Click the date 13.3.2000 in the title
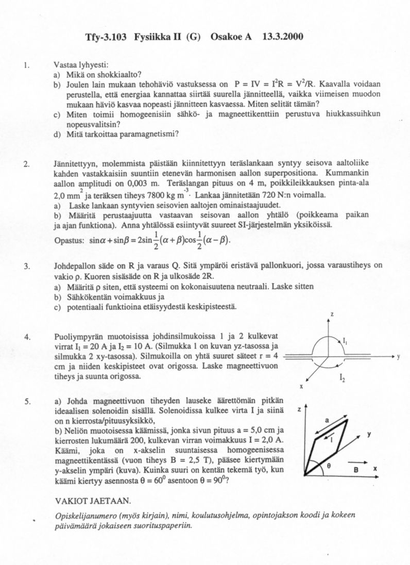click(282, 37)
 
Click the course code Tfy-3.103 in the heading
click(107, 37)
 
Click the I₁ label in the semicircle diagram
click(346, 340)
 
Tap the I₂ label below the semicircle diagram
click(343, 379)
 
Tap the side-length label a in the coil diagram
click(327, 421)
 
